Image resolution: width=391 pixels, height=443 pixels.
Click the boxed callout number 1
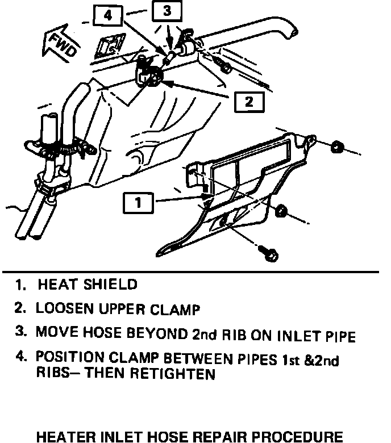coord(138,202)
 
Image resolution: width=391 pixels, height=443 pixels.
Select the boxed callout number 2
coord(248,102)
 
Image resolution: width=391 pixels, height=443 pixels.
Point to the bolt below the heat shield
coord(271,254)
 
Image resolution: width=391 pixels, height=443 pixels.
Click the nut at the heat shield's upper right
coord(336,147)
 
